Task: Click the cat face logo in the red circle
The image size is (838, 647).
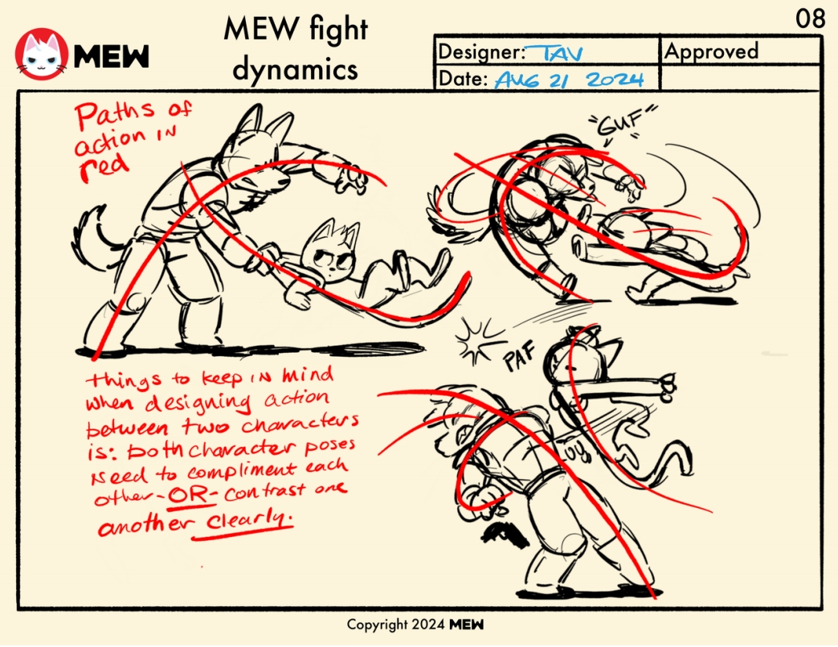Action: tap(42, 54)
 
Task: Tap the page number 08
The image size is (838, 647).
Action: tap(810, 18)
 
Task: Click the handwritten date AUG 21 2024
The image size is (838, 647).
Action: tap(569, 80)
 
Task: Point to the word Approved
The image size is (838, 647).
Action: tap(711, 51)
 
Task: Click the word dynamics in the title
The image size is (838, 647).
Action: tap(295, 70)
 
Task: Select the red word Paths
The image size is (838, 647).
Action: tap(115, 116)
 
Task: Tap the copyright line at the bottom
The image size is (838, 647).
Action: tap(415, 624)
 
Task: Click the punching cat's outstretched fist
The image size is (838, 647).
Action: tap(668, 386)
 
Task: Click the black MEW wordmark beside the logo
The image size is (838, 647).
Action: tap(112, 56)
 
